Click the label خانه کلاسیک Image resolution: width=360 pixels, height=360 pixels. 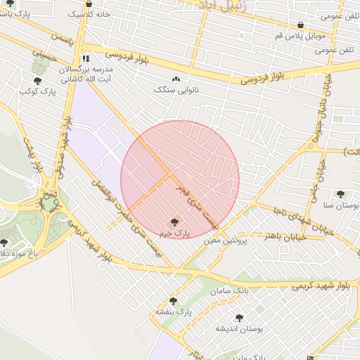[x=84, y=14]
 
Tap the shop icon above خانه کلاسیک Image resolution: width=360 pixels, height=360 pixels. [x=88, y=3]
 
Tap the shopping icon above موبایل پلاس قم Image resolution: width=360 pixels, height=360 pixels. [x=300, y=25]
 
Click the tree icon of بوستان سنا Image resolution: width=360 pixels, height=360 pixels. [x=341, y=194]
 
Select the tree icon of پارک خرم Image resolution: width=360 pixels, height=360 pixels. [x=175, y=221]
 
